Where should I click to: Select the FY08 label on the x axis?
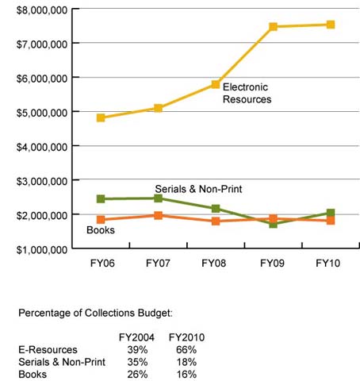[215, 263]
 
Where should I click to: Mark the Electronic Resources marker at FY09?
[273, 27]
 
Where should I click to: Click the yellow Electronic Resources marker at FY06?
[101, 117]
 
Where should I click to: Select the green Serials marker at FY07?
[158, 198]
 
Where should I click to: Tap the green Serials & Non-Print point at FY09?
[273, 224]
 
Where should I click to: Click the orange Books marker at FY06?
[101, 219]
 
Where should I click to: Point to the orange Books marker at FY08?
[215, 221]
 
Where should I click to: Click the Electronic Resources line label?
[247, 93]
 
